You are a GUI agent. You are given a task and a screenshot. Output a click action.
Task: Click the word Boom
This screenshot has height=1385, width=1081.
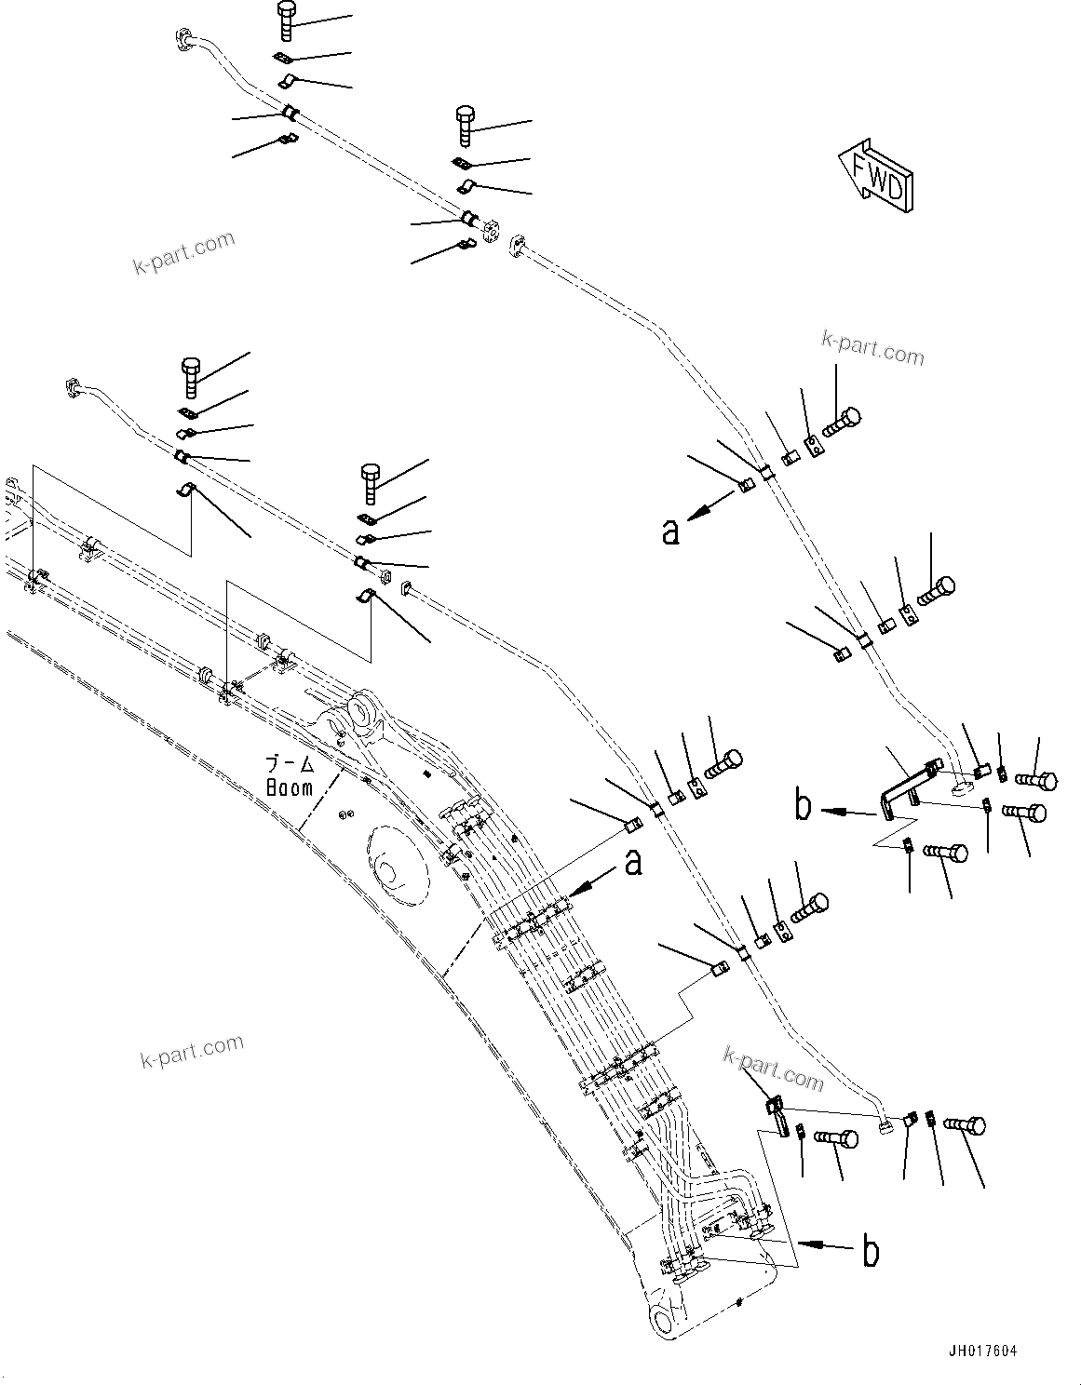coord(290,787)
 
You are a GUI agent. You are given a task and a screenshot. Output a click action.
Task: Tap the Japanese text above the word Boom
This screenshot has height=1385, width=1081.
coord(291,765)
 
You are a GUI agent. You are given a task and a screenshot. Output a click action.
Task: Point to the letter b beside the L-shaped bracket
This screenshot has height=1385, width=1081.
coord(804,807)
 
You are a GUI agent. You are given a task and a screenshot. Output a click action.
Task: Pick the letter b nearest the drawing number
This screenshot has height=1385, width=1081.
coord(871,1252)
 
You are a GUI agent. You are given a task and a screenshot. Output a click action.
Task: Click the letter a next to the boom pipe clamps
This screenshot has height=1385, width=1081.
coord(633,863)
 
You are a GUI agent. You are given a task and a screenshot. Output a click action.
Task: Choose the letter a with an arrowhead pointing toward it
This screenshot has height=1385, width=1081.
coord(670,531)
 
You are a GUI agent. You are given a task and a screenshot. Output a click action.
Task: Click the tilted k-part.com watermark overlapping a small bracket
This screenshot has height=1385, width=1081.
coord(774,1069)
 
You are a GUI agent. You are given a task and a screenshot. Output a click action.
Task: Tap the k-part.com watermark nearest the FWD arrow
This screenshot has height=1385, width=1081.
coord(872,347)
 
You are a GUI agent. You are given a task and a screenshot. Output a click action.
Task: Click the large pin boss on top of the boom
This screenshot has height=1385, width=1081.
coord(358,718)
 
